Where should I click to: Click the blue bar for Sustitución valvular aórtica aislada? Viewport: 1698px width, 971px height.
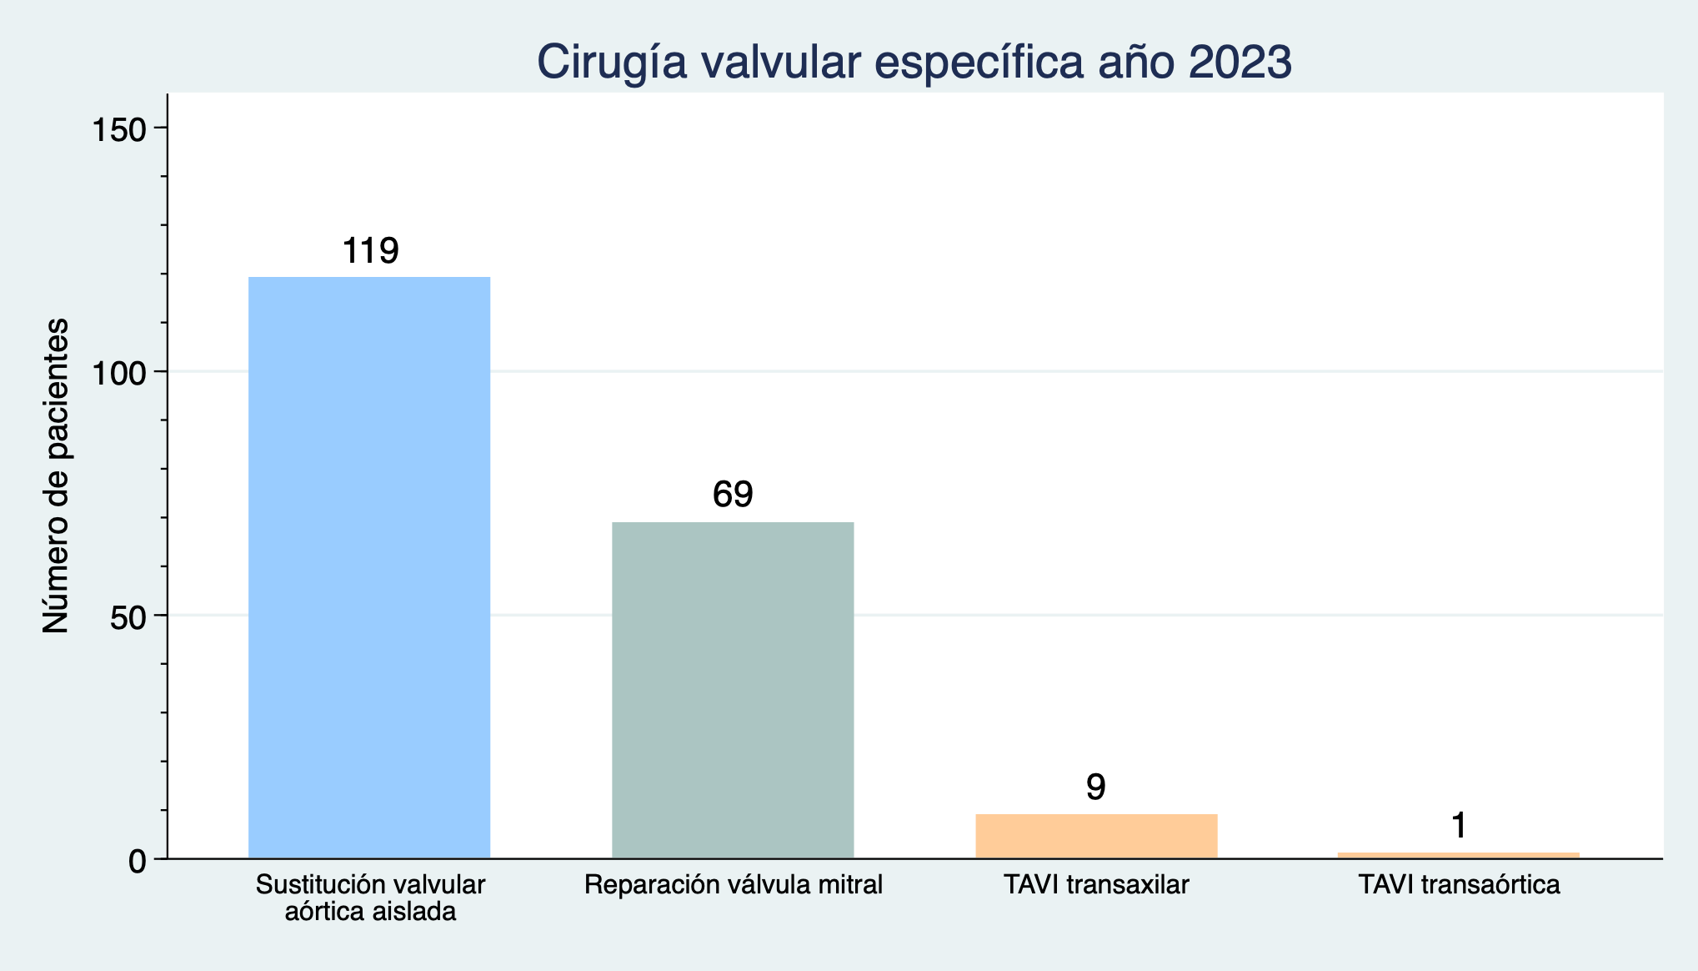tap(369, 567)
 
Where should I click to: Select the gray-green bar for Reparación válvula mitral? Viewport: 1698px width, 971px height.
tap(733, 690)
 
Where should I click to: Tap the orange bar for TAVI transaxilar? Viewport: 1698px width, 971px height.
tap(1096, 836)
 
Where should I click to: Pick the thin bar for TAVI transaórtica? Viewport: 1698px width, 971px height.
tap(1459, 855)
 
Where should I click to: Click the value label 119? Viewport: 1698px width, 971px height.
tap(371, 250)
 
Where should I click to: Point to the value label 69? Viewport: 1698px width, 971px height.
tap(733, 495)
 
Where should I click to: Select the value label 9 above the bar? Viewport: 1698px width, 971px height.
tap(1096, 787)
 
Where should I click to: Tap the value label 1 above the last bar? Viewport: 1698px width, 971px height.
tap(1459, 826)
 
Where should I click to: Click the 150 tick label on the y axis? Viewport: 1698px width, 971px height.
tap(119, 128)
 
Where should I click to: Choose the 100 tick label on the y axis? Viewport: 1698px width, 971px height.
tap(119, 372)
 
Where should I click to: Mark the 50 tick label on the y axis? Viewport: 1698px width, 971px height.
tap(129, 616)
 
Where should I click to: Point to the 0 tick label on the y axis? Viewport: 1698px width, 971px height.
tap(138, 861)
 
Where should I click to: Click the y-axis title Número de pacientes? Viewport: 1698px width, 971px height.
tap(56, 475)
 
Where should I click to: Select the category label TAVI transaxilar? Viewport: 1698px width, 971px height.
tap(1096, 884)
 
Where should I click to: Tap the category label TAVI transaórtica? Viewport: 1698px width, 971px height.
tap(1459, 884)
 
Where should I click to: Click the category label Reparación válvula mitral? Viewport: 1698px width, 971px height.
tap(733, 884)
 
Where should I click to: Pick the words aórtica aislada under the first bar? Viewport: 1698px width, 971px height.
tap(370, 911)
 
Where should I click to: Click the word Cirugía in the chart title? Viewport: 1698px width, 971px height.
tap(612, 63)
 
